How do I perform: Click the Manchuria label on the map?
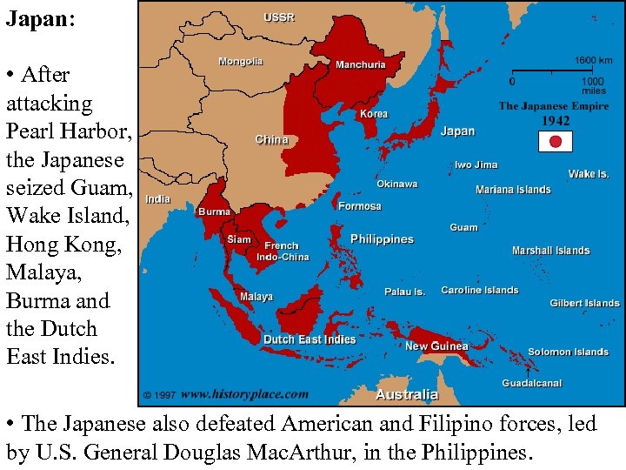tap(361, 64)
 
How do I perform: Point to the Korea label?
tap(374, 114)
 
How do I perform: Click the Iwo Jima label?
tap(476, 164)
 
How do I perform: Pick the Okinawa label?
tap(396, 185)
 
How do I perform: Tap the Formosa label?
tap(360, 206)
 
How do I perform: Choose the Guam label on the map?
tap(463, 227)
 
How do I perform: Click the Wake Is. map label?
tap(589, 174)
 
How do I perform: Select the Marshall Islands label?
tap(550, 251)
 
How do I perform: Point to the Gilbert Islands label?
tap(584, 304)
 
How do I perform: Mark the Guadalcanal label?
tap(531, 383)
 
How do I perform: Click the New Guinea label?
tap(436, 346)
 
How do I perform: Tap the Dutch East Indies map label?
tap(310, 339)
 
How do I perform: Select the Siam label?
tap(238, 239)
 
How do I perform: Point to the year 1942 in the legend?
tap(556, 121)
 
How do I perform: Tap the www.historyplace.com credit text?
tap(244, 393)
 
